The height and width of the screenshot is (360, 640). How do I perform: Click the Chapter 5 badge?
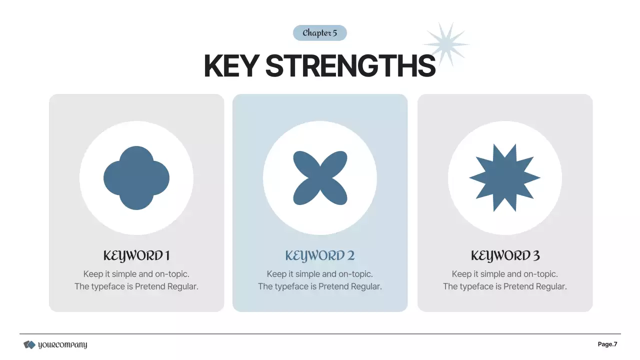(x=319, y=33)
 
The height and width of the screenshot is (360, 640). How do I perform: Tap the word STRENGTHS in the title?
(x=350, y=65)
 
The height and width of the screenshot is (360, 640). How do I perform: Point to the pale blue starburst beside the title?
(x=446, y=44)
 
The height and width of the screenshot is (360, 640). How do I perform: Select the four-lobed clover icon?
(x=136, y=178)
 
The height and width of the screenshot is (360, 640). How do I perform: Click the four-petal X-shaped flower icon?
(x=320, y=178)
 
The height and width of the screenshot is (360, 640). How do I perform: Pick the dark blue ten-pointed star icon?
(x=504, y=178)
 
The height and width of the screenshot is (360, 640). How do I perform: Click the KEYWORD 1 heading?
(x=136, y=256)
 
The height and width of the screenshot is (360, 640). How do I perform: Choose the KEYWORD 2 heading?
(x=320, y=256)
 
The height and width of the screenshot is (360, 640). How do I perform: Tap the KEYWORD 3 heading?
(x=505, y=256)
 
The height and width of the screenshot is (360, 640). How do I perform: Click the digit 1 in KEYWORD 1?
(x=167, y=256)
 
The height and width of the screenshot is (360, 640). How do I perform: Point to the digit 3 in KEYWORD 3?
(x=536, y=256)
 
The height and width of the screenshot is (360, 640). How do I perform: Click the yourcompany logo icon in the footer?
(x=29, y=344)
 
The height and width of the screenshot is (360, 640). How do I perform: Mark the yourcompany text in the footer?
(x=62, y=344)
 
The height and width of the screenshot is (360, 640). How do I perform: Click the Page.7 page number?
(x=607, y=344)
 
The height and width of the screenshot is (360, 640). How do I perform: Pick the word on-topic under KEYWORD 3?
(x=540, y=274)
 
